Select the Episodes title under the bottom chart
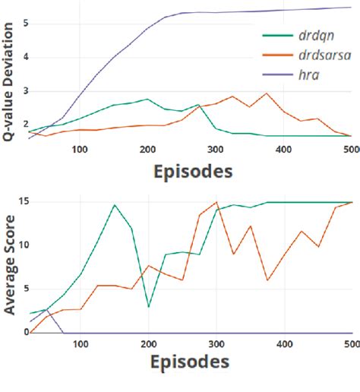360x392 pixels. pyautogui.click(x=188, y=362)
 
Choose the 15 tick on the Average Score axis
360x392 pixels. pyautogui.click(x=23, y=201)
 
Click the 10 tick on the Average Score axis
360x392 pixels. pyautogui.click(x=23, y=245)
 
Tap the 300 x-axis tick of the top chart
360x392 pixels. pyautogui.click(x=216, y=150)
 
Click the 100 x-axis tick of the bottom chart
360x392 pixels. pyautogui.click(x=81, y=344)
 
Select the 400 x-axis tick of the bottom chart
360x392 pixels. pyautogui.click(x=284, y=344)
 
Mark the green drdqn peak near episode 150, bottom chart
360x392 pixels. pyautogui.click(x=115, y=204)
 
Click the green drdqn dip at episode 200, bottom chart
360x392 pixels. pyautogui.click(x=149, y=306)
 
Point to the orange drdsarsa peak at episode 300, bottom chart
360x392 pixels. pyautogui.click(x=216, y=202)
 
